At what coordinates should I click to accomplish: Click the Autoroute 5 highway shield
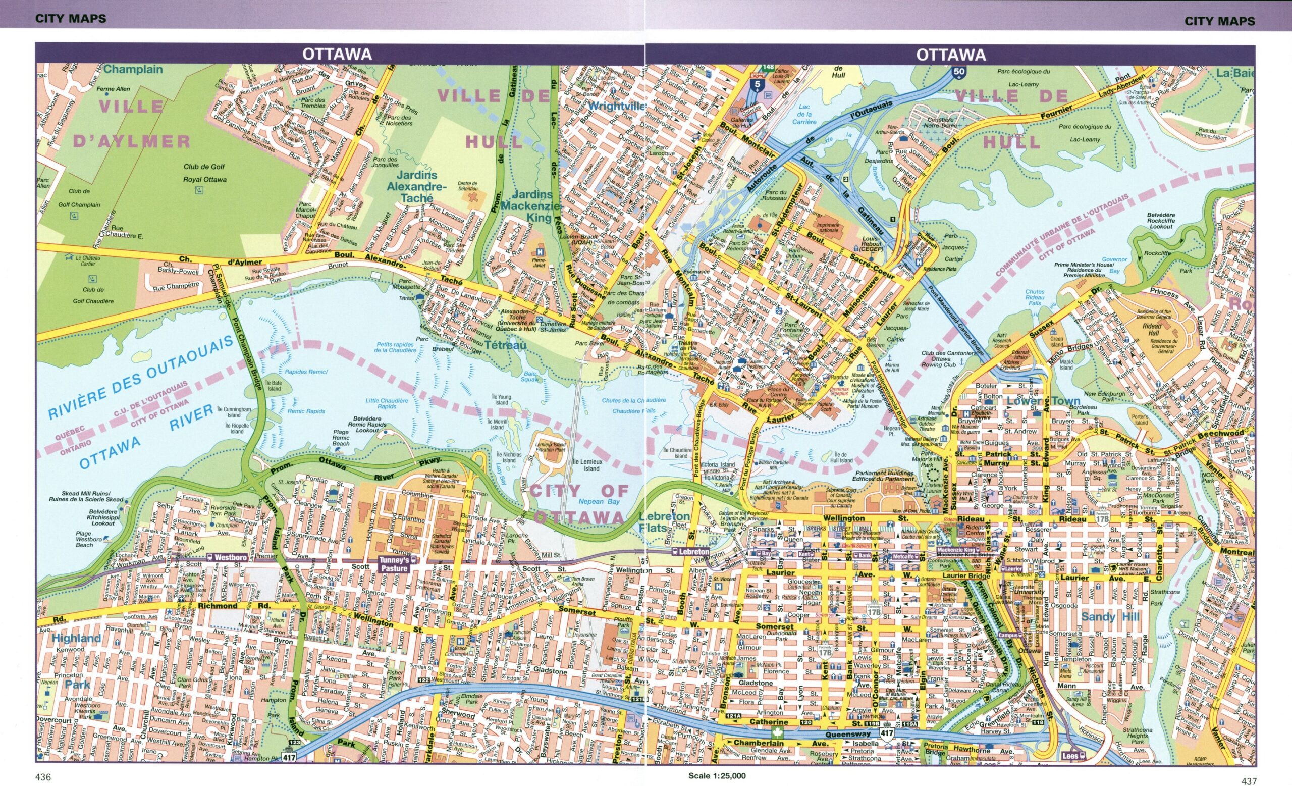[756, 85]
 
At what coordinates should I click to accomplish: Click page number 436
[43, 777]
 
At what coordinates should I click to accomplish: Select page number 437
[1249, 781]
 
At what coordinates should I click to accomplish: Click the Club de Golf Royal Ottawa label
[204, 173]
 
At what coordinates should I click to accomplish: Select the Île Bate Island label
[274, 386]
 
